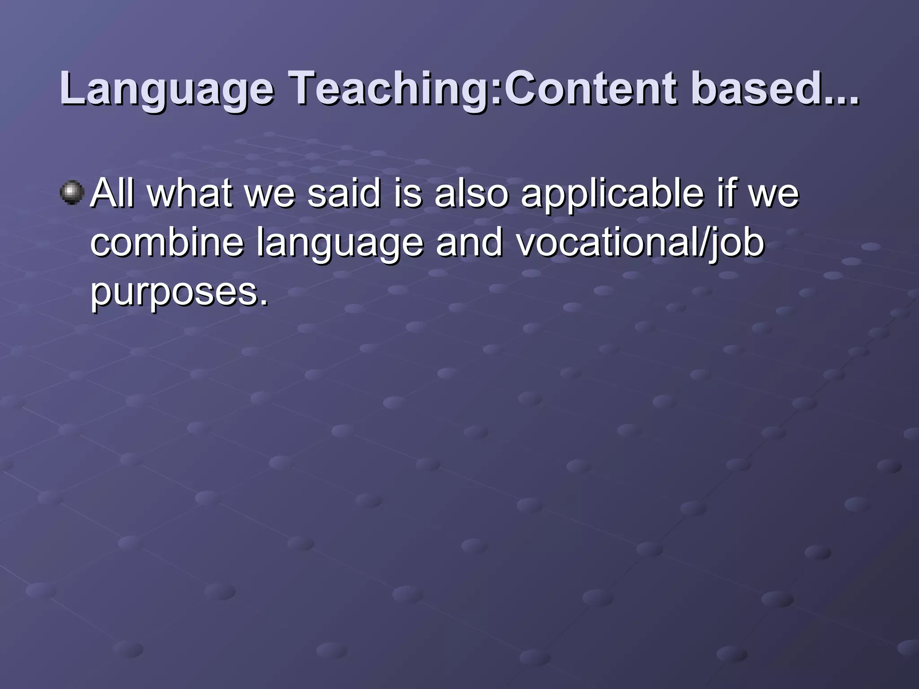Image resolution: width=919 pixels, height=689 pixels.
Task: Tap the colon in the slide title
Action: point(498,92)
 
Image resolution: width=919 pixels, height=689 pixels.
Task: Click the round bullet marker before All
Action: point(72,193)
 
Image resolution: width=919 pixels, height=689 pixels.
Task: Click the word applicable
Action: point(613,194)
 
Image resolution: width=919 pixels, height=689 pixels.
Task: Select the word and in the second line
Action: point(469,243)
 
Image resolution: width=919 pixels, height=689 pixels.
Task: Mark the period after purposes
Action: point(264,302)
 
